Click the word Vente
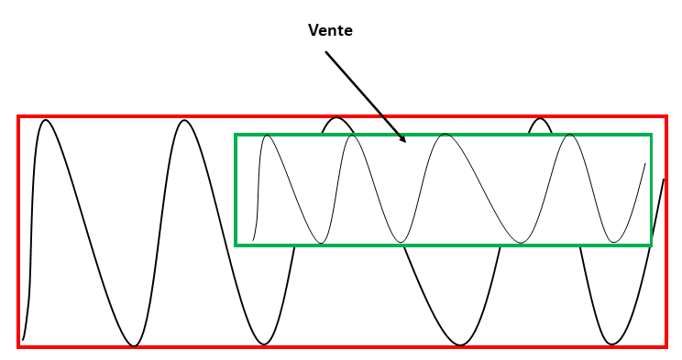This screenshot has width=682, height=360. pos(330,30)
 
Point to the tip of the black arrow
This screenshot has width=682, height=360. pos(405,142)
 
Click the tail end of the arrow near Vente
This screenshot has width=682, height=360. pos(325,51)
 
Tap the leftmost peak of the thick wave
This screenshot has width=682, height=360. pos(46,120)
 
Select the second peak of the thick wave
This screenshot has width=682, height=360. pos(185,120)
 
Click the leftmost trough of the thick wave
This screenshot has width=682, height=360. pos(135,346)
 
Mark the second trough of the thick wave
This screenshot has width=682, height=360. pos(264,344)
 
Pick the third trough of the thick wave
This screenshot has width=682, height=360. pos(460,345)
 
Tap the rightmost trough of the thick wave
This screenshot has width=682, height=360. pos(612,344)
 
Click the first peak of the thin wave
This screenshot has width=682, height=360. pos(267,136)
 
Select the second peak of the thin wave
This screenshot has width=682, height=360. pos(352,136)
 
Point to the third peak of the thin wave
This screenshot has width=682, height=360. pos(445,135)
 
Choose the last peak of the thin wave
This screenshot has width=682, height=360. pos(570,136)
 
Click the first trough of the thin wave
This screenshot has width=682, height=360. pos(321,243)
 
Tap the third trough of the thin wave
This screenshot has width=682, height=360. pos(521,243)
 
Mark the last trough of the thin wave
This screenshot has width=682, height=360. pos(614,242)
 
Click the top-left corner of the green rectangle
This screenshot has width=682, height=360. pos(236,135)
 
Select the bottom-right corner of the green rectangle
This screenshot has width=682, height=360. pos(651,245)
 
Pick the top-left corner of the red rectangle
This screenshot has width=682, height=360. pos(17,116)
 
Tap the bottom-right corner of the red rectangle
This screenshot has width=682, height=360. pos(666,347)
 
